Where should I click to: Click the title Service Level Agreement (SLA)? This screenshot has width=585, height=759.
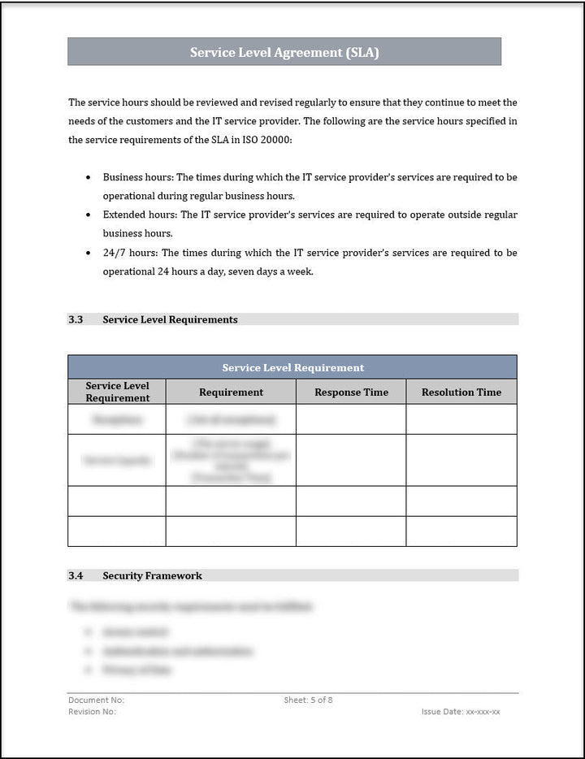point(284,53)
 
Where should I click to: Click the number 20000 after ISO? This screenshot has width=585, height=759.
point(277,140)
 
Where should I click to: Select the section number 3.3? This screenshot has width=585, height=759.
point(76,319)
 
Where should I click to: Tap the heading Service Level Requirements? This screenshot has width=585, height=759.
point(170,319)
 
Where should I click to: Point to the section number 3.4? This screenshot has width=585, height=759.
point(76,575)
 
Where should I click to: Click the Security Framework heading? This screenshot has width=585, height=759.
point(152,575)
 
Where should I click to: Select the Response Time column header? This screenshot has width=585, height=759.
point(351,392)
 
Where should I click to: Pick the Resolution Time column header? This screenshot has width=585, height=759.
point(461,392)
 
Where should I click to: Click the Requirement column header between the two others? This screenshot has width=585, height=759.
point(231,392)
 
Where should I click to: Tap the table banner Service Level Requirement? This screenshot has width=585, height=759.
point(292,367)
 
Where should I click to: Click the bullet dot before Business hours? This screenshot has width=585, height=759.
point(89,177)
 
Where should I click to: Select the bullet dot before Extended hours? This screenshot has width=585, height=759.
point(89,215)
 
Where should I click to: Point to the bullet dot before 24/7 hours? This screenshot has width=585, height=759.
point(89,254)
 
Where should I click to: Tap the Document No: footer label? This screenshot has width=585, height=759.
point(96,700)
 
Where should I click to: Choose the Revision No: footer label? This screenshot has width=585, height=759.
point(92,711)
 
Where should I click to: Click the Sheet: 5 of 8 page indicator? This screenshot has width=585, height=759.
point(308,700)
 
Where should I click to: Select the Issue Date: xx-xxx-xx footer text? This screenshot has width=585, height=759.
point(461,711)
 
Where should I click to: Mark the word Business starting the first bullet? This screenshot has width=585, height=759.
point(123,176)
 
